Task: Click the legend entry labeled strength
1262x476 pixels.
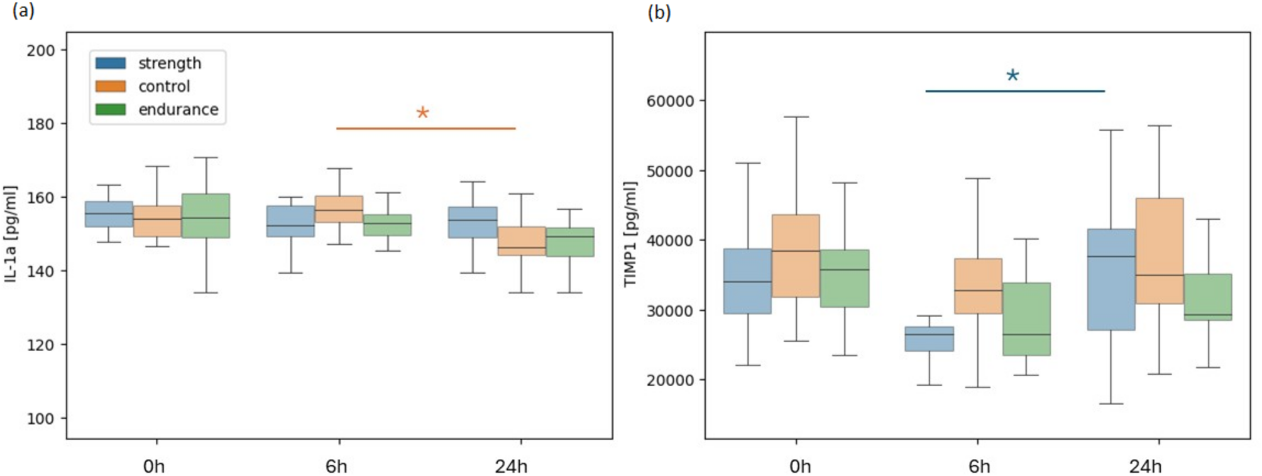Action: pos(169,63)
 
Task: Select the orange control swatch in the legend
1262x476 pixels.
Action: pos(111,87)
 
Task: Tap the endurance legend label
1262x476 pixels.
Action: pos(178,110)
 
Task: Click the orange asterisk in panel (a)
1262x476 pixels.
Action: pos(422,113)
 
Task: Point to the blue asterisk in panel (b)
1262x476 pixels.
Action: pos(1012,76)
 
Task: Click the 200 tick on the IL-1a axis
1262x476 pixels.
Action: pos(40,50)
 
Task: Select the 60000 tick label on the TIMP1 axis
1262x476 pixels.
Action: pos(670,101)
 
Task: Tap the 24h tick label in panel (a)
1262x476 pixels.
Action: pos(510,467)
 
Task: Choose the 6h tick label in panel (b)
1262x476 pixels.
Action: pos(979,467)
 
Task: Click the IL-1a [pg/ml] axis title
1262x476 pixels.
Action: pos(11,234)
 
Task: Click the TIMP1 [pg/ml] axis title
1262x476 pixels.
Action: pos(630,234)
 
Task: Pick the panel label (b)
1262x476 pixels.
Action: pos(659,13)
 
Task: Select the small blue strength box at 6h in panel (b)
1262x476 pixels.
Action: pos(929,338)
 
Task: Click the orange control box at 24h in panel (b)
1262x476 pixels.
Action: pos(1159,251)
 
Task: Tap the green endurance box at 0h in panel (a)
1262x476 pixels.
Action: pos(206,215)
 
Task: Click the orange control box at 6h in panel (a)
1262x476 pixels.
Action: pos(339,209)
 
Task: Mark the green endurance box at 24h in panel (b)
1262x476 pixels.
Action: pos(1207,296)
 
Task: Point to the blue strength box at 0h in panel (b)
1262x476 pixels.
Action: pos(747,281)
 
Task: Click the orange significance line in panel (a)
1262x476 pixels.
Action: pos(425,129)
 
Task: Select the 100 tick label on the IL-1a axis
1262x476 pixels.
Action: pos(40,419)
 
